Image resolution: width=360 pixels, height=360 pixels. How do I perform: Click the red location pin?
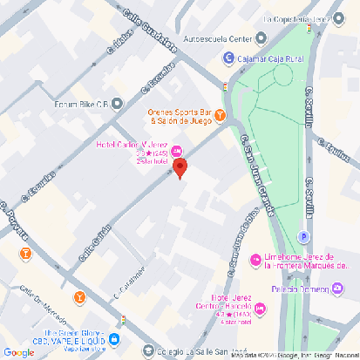pos(180,168)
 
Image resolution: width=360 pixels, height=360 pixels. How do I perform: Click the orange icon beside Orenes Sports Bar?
pos(221,114)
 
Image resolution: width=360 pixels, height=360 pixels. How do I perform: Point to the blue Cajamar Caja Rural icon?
pos(228,58)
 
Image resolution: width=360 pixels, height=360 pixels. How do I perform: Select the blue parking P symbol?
pos(304,236)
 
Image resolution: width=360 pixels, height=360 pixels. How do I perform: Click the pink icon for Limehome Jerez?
pos(255,260)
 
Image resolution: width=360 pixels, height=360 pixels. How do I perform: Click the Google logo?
pos(18,352)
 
